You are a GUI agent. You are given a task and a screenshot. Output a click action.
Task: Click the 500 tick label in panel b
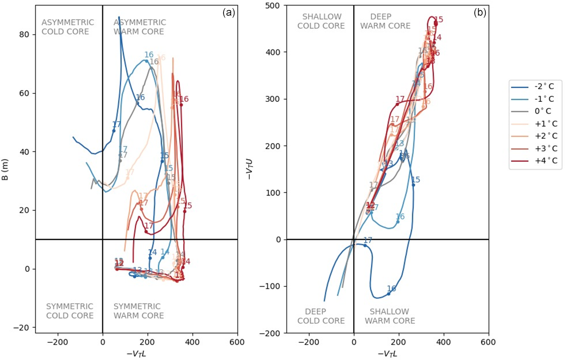click(x=274, y=6)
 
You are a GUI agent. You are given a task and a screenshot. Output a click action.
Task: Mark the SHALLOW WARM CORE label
click(x=389, y=316)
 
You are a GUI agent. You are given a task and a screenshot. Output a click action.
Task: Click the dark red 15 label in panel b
click(x=438, y=20)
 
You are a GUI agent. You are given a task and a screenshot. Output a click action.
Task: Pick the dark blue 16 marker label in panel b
click(x=391, y=288)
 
